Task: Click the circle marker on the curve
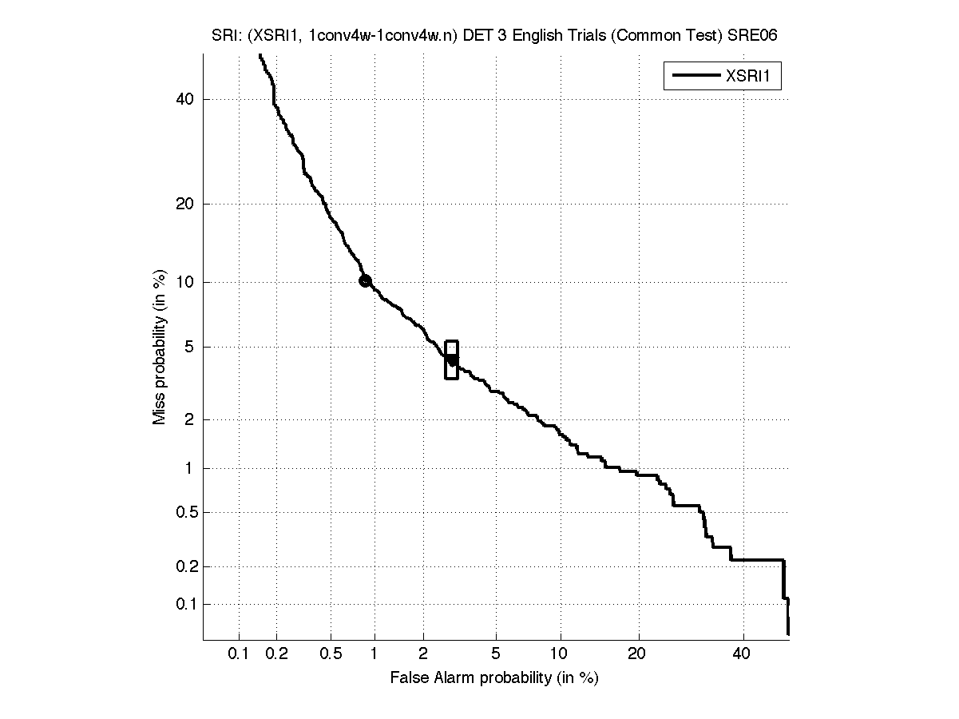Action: click(x=365, y=280)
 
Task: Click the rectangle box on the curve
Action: click(x=451, y=359)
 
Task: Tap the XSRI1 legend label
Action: click(x=752, y=77)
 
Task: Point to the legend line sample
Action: click(x=694, y=77)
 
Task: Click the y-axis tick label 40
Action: click(x=184, y=99)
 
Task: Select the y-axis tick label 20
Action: click(x=184, y=204)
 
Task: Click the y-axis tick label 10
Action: click(x=184, y=282)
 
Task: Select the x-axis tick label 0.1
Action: click(x=238, y=655)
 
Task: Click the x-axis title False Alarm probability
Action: click(x=494, y=678)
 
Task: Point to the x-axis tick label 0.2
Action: click(x=277, y=655)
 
